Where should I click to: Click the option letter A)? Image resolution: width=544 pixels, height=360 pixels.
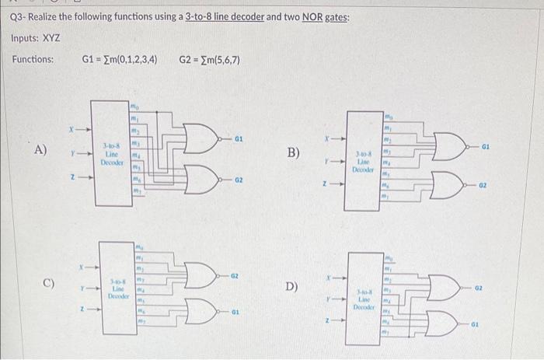pos(40,150)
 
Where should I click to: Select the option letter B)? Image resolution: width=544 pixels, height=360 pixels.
pos(294,152)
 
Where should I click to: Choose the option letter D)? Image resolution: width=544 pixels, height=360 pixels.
pos(292,286)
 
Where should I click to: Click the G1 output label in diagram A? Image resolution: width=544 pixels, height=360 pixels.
pos(240,139)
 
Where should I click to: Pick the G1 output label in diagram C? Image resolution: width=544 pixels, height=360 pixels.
pos(234,315)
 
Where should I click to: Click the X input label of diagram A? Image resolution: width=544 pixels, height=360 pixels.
pos(70,129)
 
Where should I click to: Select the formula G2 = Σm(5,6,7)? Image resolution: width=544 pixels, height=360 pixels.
pos(209,59)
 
